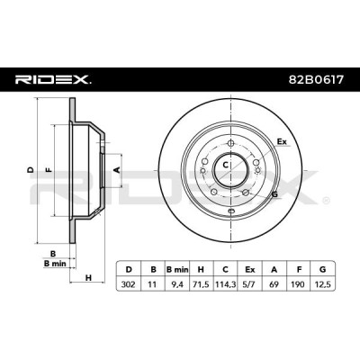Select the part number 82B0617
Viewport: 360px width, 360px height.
(x=316, y=80)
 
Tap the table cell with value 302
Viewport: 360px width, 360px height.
(x=129, y=283)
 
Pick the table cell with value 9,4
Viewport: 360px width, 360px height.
(x=177, y=283)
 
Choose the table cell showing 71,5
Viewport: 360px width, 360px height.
(x=202, y=283)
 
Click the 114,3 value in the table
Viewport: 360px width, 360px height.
(x=225, y=283)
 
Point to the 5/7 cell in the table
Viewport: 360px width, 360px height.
(x=249, y=283)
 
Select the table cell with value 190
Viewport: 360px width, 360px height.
(x=299, y=283)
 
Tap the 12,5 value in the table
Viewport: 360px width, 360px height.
(x=323, y=283)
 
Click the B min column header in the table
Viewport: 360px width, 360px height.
(x=177, y=269)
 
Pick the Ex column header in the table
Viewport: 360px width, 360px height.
(x=249, y=269)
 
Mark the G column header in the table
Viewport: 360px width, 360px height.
(x=323, y=269)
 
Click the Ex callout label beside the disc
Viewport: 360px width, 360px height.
(x=282, y=141)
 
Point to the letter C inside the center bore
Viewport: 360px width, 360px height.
(x=226, y=165)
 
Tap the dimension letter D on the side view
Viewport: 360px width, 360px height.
(x=31, y=170)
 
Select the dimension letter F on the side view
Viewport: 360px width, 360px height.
(x=49, y=170)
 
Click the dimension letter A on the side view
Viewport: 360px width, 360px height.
(x=118, y=170)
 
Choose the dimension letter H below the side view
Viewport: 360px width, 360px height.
(x=88, y=278)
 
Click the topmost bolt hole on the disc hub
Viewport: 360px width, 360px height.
(x=230, y=143)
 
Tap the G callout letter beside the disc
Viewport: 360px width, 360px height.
(x=274, y=194)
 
